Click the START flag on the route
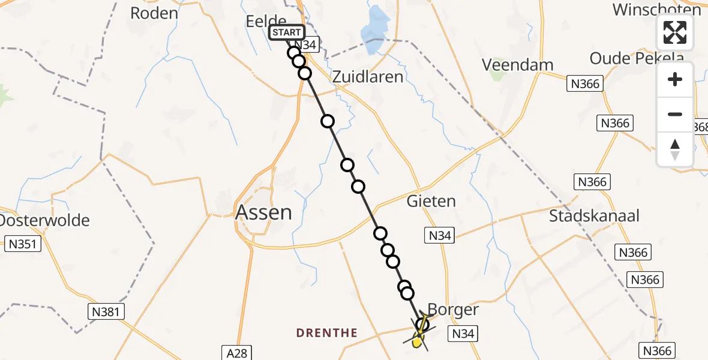click(x=287, y=32)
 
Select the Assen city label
click(x=263, y=212)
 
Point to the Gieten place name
click(x=431, y=201)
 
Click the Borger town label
click(x=454, y=310)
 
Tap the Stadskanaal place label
click(x=594, y=216)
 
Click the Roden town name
click(x=154, y=13)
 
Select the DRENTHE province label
click(x=327, y=333)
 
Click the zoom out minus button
click(x=675, y=114)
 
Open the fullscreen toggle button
click(x=675, y=32)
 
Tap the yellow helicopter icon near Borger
click(x=419, y=340)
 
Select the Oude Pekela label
click(x=637, y=58)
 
